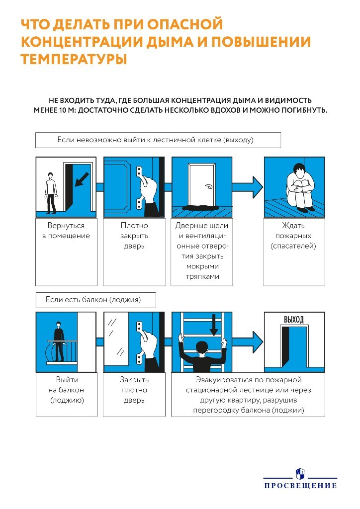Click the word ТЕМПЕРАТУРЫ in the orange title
pyautogui.click(x=74, y=59)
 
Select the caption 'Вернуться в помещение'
pyautogui.click(x=66, y=231)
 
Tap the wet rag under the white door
pyautogui.click(x=201, y=206)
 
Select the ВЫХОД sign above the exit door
pyautogui.click(x=293, y=319)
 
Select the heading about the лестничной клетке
pyautogui.click(x=158, y=140)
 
